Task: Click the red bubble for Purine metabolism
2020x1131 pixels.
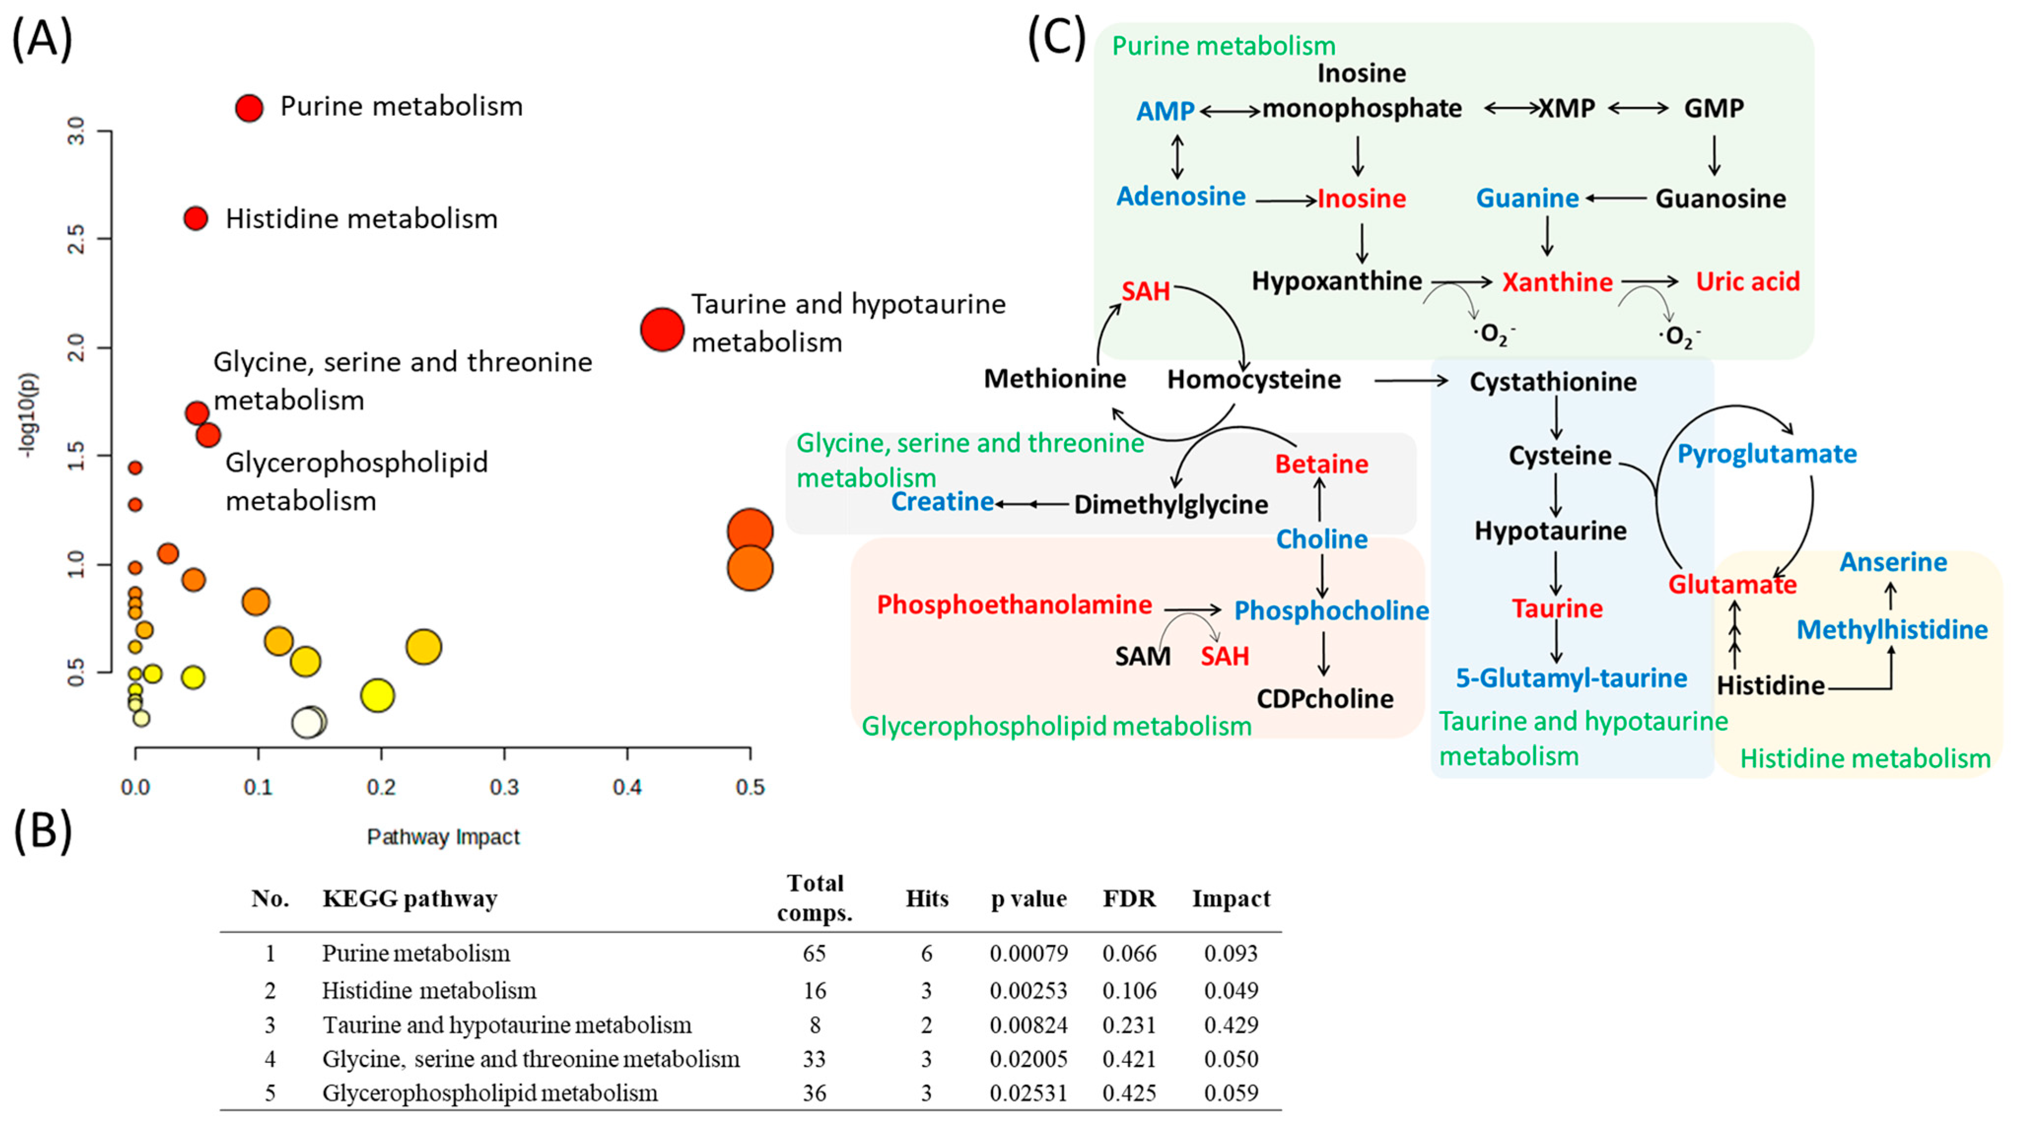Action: point(249,108)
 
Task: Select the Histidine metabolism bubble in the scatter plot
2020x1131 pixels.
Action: point(196,219)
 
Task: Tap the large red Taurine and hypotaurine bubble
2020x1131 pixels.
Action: point(662,329)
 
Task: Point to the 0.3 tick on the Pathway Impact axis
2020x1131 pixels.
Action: point(504,787)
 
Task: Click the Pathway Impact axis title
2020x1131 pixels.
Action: point(443,837)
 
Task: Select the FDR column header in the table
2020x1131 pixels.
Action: point(1129,898)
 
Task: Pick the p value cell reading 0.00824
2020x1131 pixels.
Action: point(1028,1025)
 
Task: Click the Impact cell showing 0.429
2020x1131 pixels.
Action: point(1231,1025)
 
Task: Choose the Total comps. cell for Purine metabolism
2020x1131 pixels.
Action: point(814,953)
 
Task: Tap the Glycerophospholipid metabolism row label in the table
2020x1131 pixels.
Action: point(489,1093)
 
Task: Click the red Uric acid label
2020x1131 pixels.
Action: point(1747,282)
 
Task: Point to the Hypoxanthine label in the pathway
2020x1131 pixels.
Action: point(1336,281)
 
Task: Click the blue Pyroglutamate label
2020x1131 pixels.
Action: point(1767,454)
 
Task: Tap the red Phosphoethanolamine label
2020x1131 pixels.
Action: point(1014,605)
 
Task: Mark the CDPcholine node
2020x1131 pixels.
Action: point(1325,699)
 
